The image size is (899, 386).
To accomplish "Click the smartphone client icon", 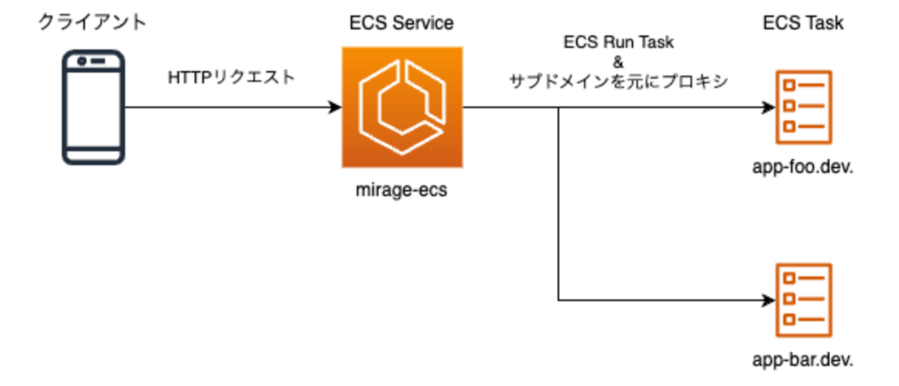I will pyautogui.click(x=93, y=107).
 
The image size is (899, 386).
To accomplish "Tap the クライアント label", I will pyautogui.click(x=92, y=22).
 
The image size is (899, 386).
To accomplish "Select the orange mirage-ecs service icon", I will pyautogui.click(x=401, y=107).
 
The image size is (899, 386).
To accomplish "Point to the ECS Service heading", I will pyautogui.click(x=401, y=23).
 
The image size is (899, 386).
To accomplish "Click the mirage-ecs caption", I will pyautogui.click(x=401, y=190).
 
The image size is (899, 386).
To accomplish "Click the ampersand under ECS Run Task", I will pyautogui.click(x=618, y=62).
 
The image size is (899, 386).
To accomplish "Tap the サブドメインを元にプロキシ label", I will pyautogui.click(x=618, y=82).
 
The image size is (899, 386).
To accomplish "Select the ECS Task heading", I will pyautogui.click(x=803, y=23).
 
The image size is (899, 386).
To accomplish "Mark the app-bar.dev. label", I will pyautogui.click(x=803, y=360).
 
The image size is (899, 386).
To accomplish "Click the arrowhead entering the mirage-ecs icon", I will pyautogui.click(x=336, y=107).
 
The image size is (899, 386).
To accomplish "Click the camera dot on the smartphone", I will pyautogui.click(x=82, y=61).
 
